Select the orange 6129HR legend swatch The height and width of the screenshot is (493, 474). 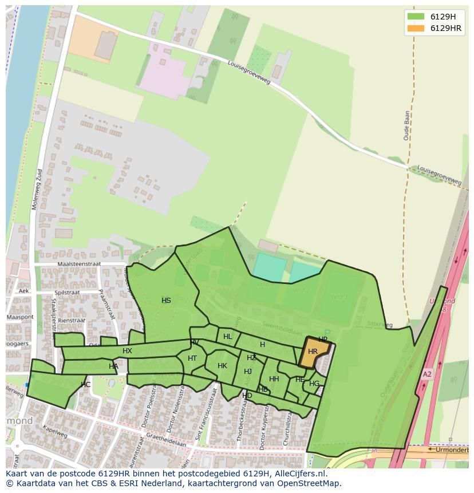coord(416,29)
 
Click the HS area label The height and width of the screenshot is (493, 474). coord(166,301)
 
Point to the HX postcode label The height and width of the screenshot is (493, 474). coord(127,351)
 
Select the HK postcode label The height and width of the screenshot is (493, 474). coord(222,366)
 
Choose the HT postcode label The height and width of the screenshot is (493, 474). coord(192,358)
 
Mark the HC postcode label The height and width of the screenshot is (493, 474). coord(85,385)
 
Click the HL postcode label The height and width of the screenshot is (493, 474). coord(228,337)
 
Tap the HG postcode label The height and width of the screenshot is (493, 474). coord(314,384)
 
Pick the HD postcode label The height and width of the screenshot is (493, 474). coord(247,396)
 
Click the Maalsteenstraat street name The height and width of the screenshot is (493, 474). coord(79,264)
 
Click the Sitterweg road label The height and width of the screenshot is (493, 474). coord(380,325)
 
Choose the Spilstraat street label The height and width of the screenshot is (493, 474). coord(67,292)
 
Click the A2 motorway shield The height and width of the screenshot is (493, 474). coord(427,374)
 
